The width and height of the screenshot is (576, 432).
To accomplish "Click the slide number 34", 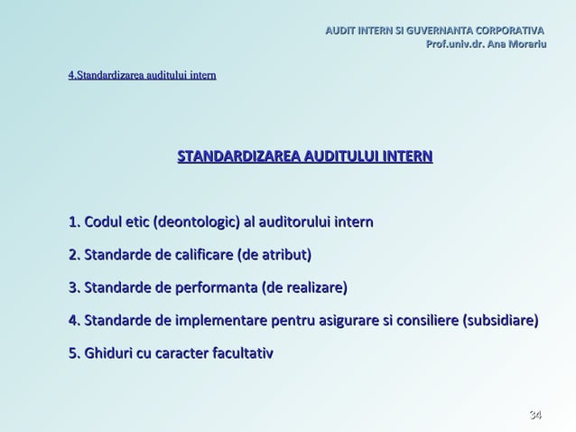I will pyautogui.click(x=535, y=415).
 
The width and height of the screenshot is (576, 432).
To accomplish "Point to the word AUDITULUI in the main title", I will pyautogui.click(x=342, y=156).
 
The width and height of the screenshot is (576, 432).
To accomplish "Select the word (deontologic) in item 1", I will pyautogui.click(x=197, y=222).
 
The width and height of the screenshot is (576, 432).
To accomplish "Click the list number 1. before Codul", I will pyautogui.click(x=74, y=222).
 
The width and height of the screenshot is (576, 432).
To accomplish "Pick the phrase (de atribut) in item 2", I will pyautogui.click(x=274, y=255).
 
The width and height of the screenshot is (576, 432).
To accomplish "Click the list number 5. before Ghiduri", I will pyautogui.click(x=74, y=352).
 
